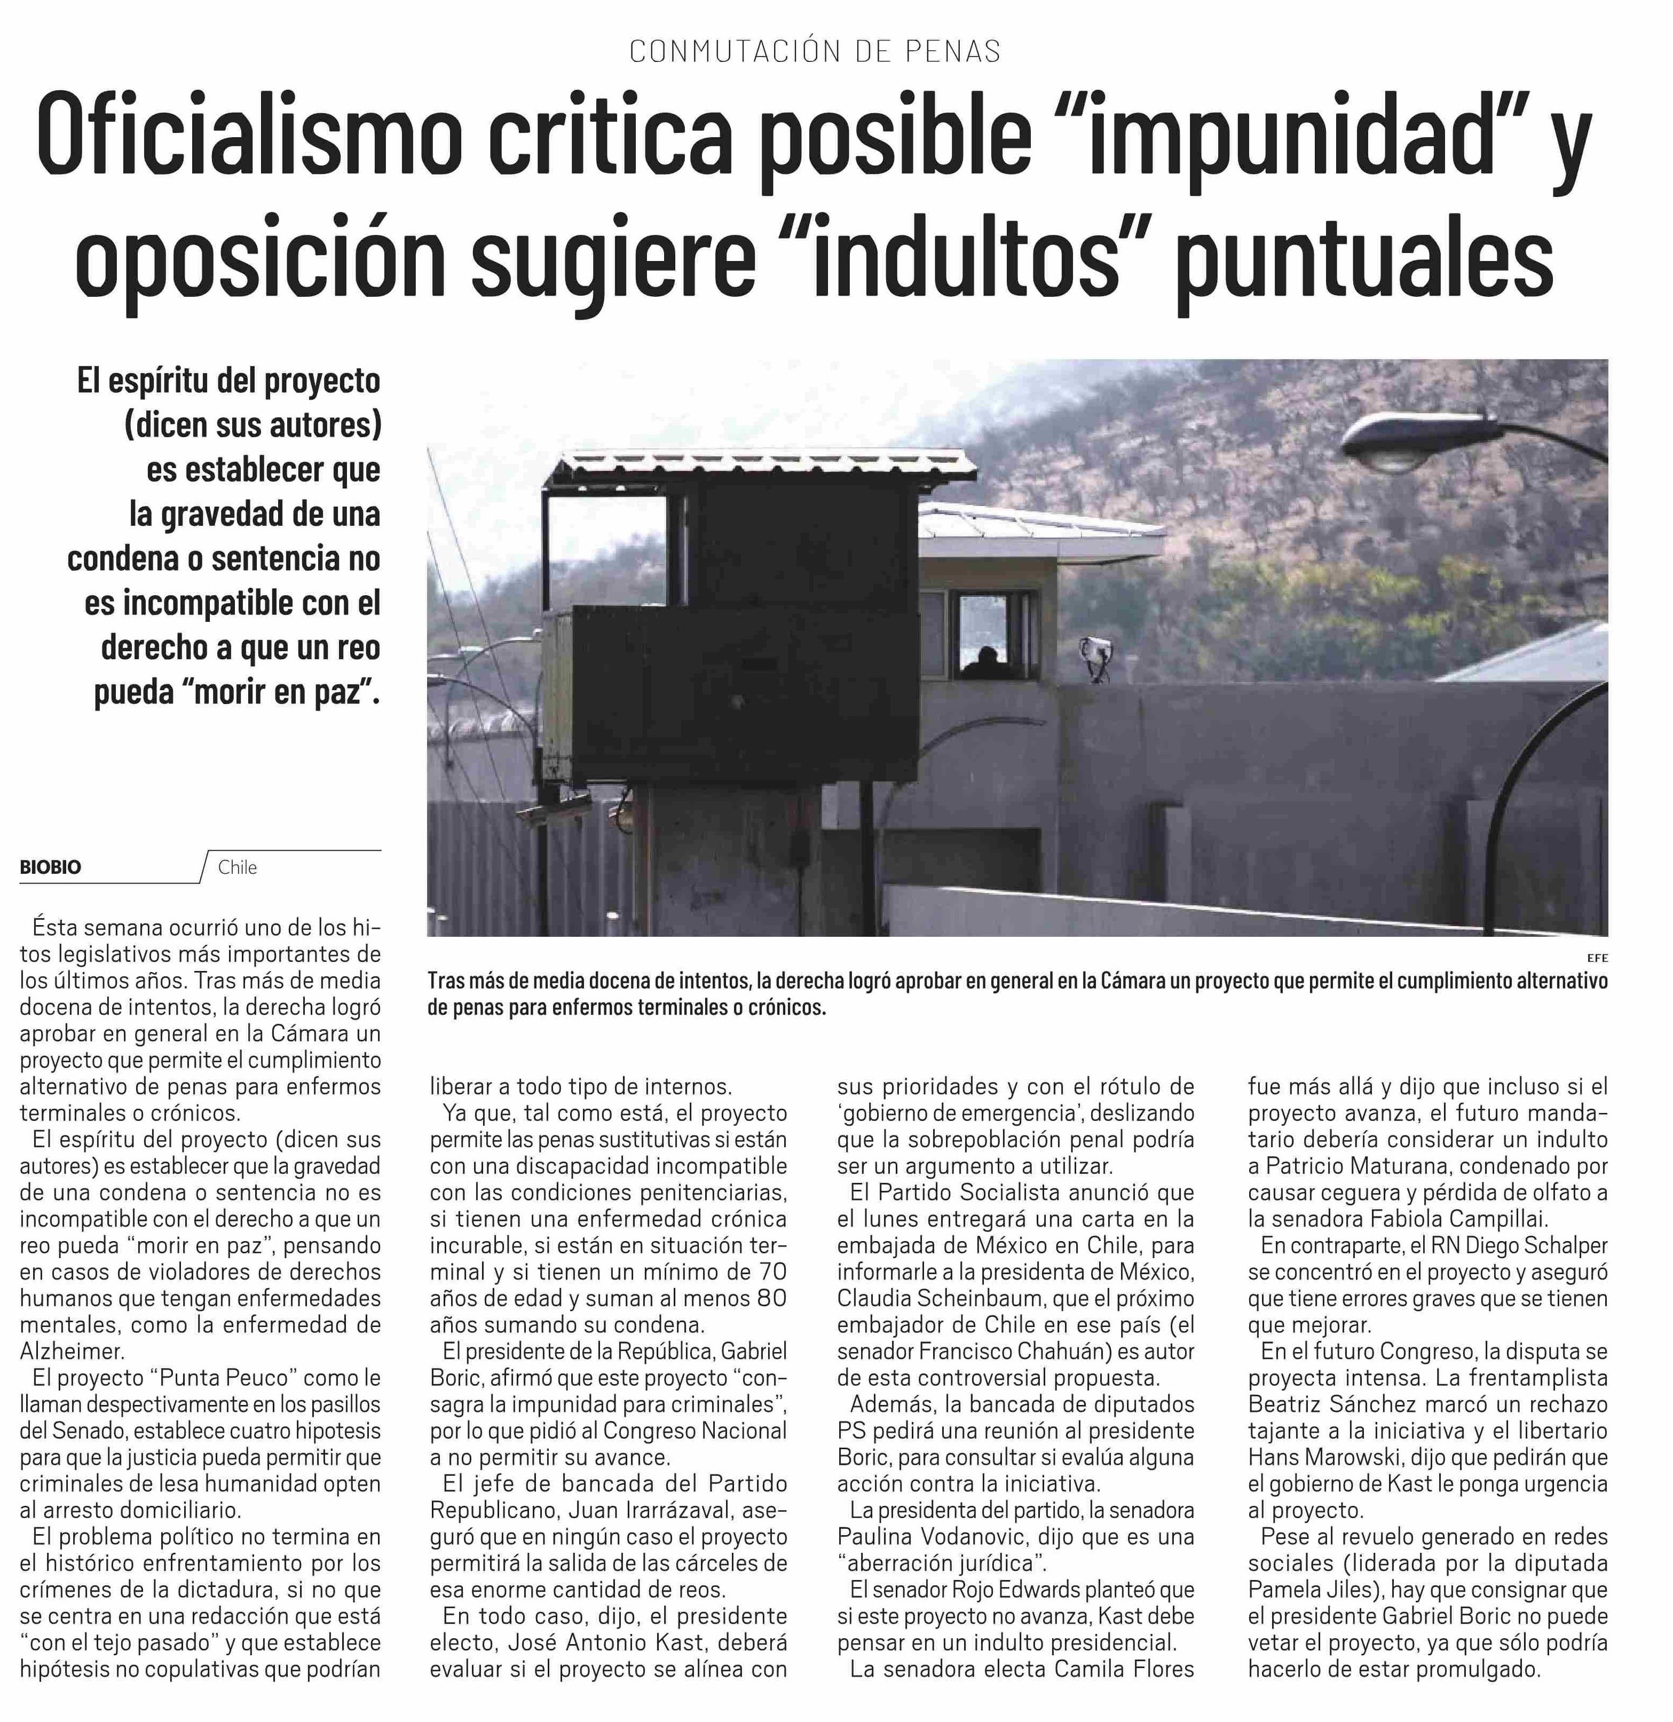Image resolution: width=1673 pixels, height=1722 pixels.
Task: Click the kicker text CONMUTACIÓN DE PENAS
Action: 815,52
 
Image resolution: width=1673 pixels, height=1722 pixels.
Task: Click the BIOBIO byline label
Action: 50,867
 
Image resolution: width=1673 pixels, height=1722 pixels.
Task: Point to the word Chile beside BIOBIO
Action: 237,867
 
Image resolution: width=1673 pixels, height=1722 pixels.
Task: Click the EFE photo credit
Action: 1597,958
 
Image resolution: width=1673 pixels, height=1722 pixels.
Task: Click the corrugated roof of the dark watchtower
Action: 760,470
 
